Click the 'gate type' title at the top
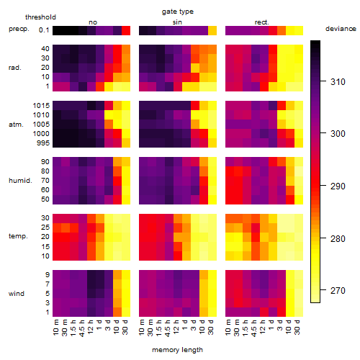click(178, 12)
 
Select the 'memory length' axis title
click(177, 350)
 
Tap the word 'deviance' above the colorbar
click(341, 29)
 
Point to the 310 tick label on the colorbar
click(338, 82)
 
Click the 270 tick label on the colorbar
click(338, 291)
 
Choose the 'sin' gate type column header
click(177, 22)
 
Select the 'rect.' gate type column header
click(261, 22)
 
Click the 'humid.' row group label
click(20, 181)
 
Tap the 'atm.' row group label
click(16, 125)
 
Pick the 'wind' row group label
click(17, 294)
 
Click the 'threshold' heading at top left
click(40, 17)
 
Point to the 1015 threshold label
click(41, 106)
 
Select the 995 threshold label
click(43, 143)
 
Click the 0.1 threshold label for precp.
click(44, 30)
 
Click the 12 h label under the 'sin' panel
click(176, 327)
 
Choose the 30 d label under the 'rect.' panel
click(297, 327)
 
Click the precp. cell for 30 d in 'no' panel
click(126, 30)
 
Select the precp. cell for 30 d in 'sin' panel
click(212, 30)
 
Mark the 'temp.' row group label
click(18, 236)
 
